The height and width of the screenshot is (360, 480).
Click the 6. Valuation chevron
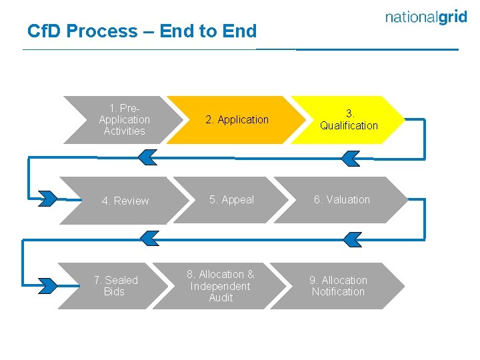[341, 200]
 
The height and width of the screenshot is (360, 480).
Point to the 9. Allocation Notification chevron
[338, 286]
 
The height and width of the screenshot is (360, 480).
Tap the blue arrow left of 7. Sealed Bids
[47, 285]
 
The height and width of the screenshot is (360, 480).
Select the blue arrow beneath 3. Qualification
[349, 158]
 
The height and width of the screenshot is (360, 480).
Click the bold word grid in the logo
[449, 17]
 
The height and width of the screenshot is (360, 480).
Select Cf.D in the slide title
[44, 31]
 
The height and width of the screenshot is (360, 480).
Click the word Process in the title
[101, 31]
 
